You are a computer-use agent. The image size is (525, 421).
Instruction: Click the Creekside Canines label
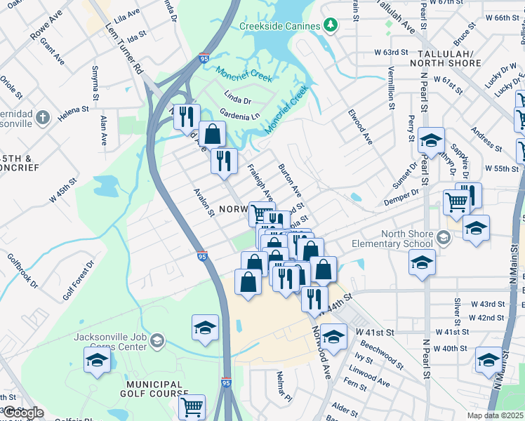click(280, 26)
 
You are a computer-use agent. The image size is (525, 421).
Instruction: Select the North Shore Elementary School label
click(407, 239)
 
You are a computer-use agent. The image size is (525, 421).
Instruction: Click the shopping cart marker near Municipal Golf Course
click(192, 406)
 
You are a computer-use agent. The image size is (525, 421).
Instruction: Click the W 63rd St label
click(391, 52)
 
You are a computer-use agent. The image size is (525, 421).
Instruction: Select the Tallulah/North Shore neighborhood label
click(449, 58)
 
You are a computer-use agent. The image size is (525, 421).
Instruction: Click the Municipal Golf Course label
click(157, 389)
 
